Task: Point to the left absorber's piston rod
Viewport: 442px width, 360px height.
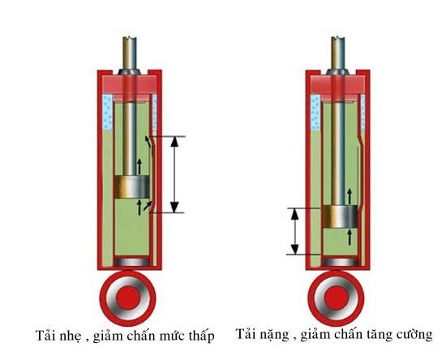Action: (131, 122)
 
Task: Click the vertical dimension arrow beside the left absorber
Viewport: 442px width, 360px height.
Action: (177, 174)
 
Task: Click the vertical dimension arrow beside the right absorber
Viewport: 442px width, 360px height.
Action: (295, 230)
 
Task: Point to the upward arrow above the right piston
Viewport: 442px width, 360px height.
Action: (350, 195)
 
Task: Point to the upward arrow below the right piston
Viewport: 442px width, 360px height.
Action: (350, 237)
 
